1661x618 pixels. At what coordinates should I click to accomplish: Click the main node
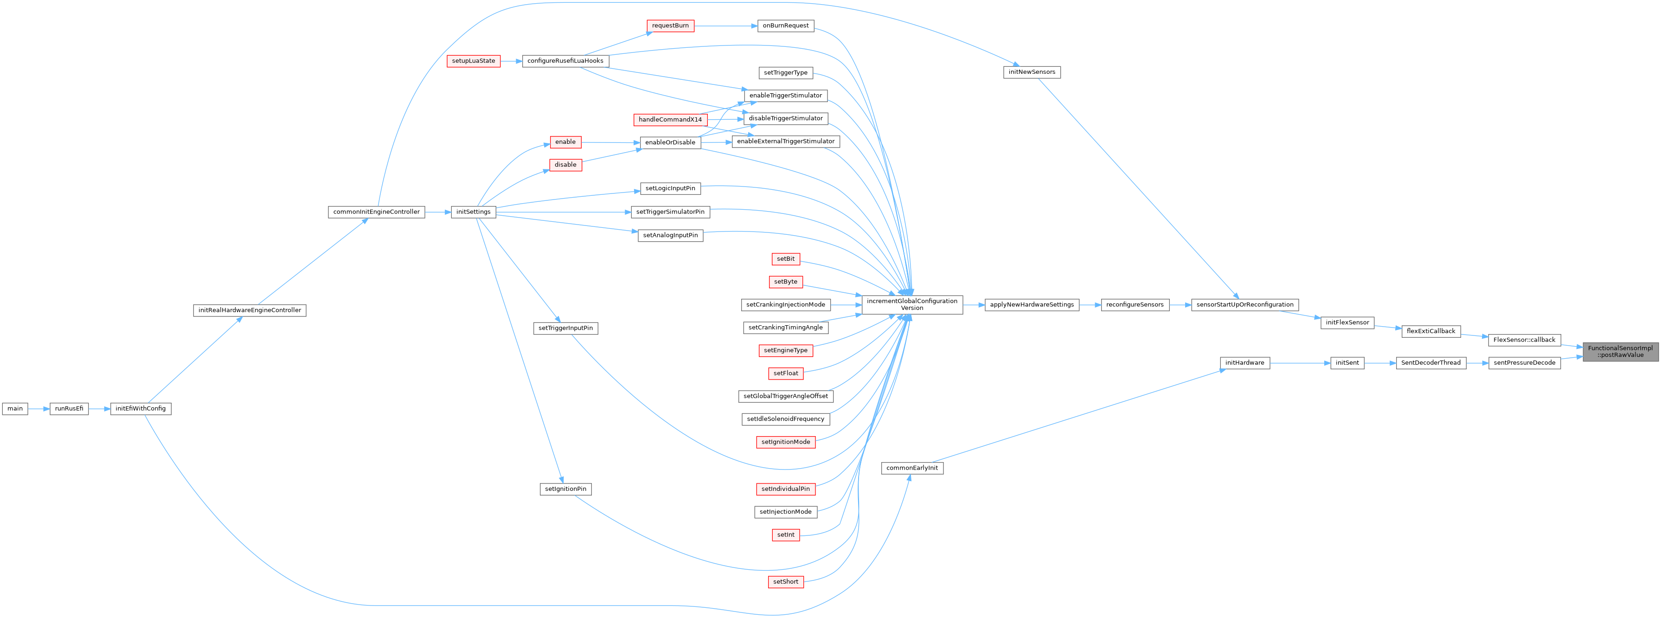pyautogui.click(x=15, y=408)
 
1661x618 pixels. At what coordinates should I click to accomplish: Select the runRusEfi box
pyautogui.click(x=69, y=408)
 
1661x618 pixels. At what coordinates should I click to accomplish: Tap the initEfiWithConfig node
pyautogui.click(x=141, y=408)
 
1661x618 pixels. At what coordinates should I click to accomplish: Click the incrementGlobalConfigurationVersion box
pyautogui.click(x=912, y=304)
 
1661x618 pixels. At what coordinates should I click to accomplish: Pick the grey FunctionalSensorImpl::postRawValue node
pyautogui.click(x=1620, y=352)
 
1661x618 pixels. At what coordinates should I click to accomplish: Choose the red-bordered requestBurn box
pyautogui.click(x=670, y=26)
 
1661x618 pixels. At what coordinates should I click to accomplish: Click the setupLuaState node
pyautogui.click(x=473, y=61)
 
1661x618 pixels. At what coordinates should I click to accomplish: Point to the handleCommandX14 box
pyautogui.click(x=670, y=119)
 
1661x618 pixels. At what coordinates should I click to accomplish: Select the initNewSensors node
pyautogui.click(x=1032, y=72)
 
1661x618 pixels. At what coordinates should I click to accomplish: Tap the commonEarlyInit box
pyautogui.click(x=912, y=468)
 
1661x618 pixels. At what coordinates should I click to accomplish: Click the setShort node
pyautogui.click(x=785, y=582)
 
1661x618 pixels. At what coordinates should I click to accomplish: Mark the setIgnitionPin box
pyautogui.click(x=565, y=489)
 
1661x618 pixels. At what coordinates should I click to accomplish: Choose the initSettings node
pyautogui.click(x=473, y=212)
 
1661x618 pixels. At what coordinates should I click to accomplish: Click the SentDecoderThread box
pyautogui.click(x=1430, y=362)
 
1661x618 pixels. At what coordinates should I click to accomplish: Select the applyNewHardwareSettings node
pyautogui.click(x=1032, y=304)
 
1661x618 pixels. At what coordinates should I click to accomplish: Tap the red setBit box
pyautogui.click(x=785, y=259)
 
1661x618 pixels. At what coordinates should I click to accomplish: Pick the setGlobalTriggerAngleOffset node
pyautogui.click(x=785, y=396)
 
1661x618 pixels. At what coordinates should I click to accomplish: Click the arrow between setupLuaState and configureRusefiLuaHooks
pyautogui.click(x=511, y=61)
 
